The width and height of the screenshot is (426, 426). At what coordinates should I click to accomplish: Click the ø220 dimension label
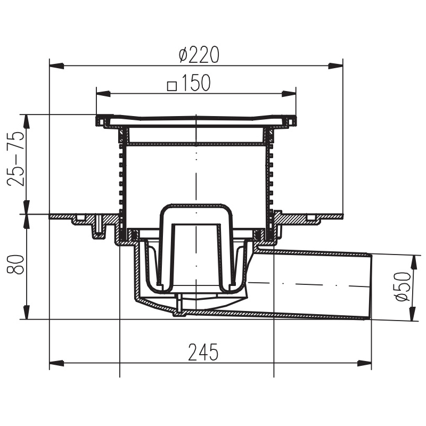199,55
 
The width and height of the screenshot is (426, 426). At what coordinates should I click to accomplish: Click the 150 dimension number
195,83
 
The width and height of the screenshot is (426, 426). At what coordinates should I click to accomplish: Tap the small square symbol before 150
172,86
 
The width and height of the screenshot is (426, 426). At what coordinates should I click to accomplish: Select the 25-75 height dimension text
16,159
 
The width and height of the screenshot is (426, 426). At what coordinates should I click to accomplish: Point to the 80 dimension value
16,264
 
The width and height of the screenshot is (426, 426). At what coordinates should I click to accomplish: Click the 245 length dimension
203,352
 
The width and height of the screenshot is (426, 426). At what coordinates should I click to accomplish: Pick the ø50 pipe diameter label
403,286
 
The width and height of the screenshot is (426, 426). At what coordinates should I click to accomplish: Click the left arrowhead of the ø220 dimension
56,65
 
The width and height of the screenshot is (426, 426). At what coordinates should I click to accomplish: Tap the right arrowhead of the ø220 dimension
336,65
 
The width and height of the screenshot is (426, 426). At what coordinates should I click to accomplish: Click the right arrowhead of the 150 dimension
289,94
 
